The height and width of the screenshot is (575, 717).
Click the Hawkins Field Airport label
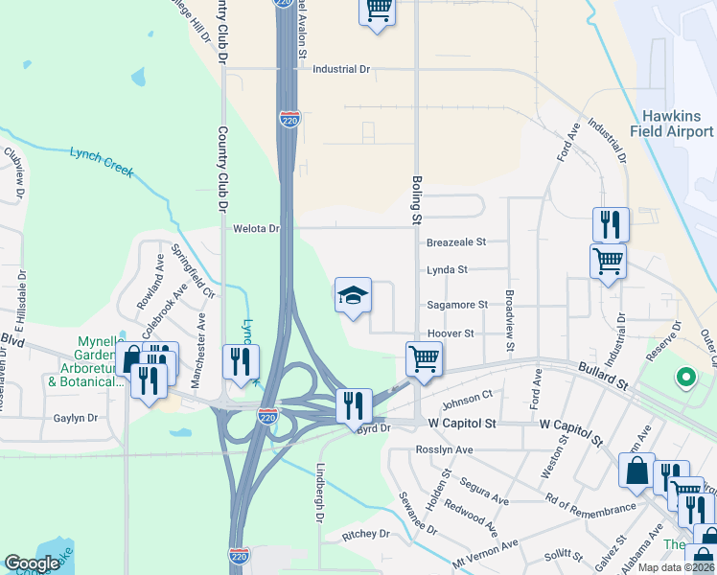click(x=671, y=123)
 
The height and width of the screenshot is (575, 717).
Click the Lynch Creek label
click(x=101, y=161)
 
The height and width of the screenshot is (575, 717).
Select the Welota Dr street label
click(x=256, y=229)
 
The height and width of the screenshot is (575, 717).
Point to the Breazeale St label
click(x=457, y=242)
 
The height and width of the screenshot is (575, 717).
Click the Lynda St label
click(x=447, y=270)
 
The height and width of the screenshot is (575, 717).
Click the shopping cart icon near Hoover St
click(x=424, y=359)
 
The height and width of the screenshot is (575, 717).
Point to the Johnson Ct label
click(x=468, y=398)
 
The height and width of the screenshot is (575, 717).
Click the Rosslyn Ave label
click(x=445, y=449)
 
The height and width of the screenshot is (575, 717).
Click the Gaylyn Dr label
click(x=77, y=418)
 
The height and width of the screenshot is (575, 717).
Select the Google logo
click(x=31, y=563)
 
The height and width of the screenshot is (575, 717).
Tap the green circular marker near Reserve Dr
click(x=685, y=378)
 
